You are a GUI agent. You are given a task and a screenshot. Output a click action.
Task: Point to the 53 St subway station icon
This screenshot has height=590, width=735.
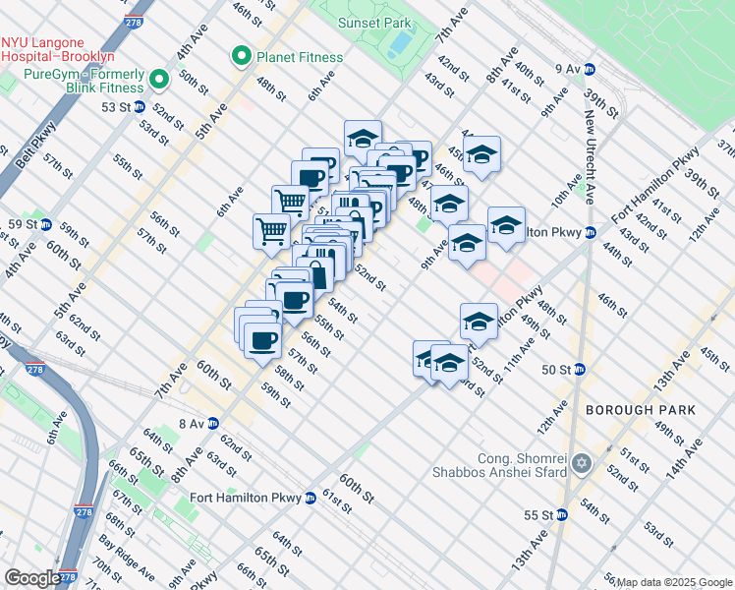click(x=140, y=106)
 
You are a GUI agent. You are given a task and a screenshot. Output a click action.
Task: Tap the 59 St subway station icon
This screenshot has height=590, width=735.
click(x=46, y=224)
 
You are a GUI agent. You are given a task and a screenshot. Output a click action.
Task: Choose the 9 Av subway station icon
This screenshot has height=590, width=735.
click(x=590, y=69)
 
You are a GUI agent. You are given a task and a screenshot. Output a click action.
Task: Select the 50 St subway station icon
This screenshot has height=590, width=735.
click(x=580, y=369)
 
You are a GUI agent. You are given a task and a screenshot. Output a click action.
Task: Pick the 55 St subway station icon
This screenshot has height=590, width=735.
click(x=561, y=514)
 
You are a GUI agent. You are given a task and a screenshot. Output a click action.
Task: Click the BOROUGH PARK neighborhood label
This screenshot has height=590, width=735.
click(x=640, y=409)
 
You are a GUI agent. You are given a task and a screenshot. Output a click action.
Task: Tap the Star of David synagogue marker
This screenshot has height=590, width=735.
click(x=582, y=462)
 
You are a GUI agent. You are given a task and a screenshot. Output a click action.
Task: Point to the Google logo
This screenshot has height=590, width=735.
click(x=32, y=578)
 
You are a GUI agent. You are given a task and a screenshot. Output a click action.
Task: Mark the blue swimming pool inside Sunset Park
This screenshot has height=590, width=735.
click(x=400, y=43)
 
